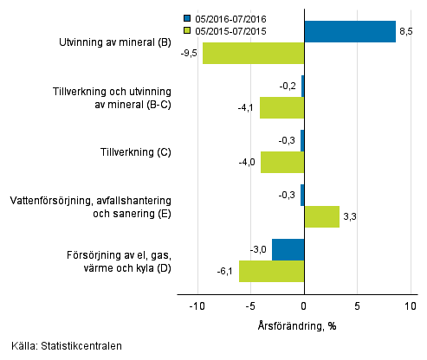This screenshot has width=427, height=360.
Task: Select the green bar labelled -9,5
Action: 253,54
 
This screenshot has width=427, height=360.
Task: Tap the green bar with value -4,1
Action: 281,108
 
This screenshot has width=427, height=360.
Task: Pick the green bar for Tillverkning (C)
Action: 282,162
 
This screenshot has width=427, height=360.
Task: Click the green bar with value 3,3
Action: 321,216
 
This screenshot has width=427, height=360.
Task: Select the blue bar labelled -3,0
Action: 288,249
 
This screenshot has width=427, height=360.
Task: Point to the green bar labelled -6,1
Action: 271,271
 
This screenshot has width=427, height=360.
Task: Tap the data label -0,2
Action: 289,86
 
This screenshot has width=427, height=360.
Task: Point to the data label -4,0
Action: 247,162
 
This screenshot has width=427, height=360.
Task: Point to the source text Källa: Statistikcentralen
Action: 61,346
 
